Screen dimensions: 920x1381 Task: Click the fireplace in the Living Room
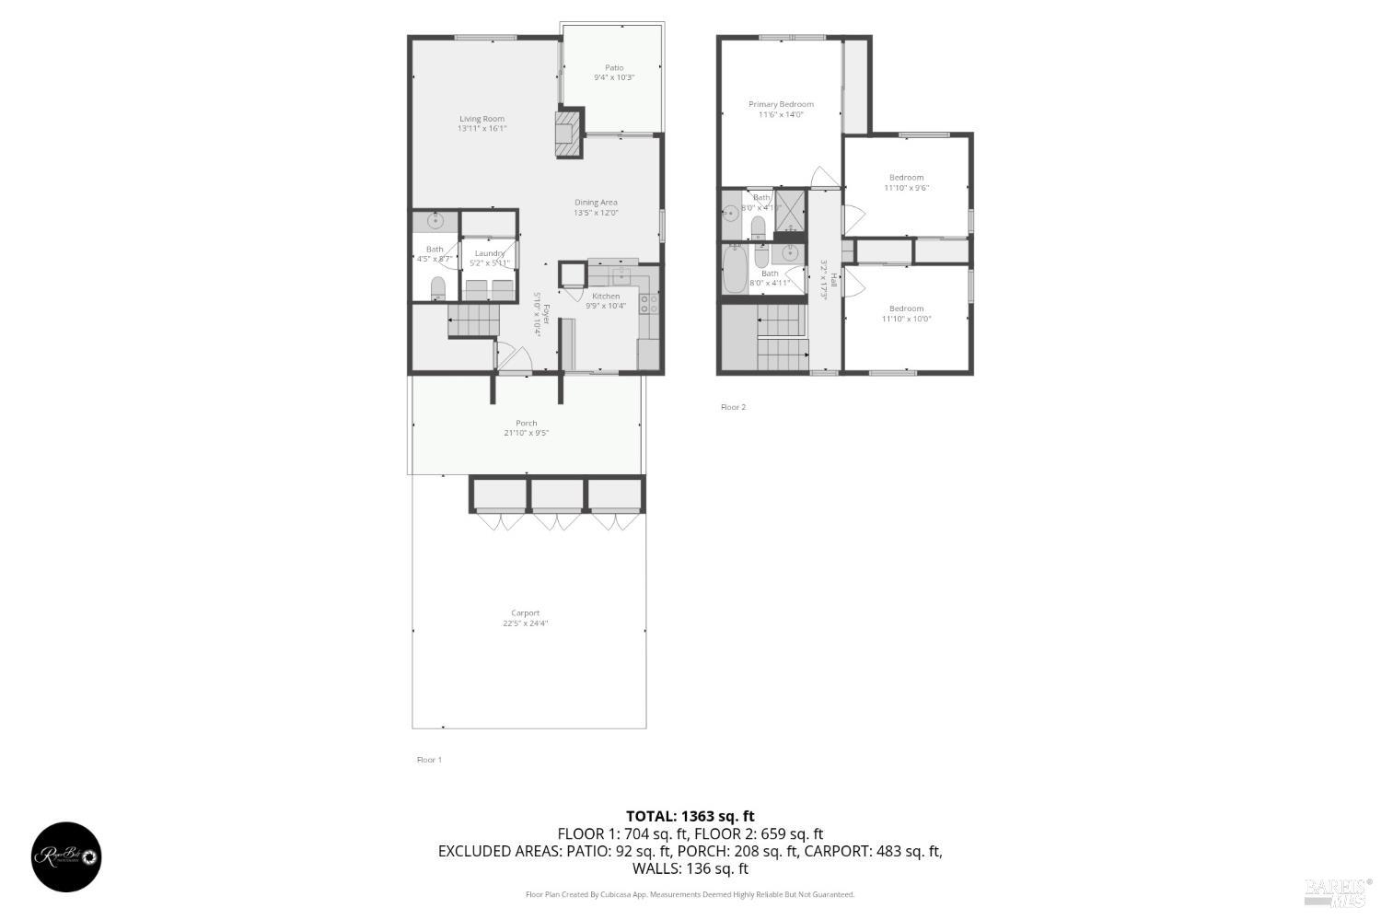point(569,133)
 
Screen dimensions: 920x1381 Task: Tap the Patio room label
point(614,67)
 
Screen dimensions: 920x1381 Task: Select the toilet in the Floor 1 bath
point(437,288)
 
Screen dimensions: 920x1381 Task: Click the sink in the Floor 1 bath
point(436,221)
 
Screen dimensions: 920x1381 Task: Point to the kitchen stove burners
point(648,303)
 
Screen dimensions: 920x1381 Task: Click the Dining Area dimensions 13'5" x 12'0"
point(596,213)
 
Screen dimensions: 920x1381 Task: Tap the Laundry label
point(489,253)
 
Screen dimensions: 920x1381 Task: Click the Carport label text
point(526,613)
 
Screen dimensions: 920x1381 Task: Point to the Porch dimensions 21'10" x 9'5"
point(527,433)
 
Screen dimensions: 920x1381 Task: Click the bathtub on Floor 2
point(735,270)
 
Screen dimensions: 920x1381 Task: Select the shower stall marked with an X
point(790,207)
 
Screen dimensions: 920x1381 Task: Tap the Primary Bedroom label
point(781,104)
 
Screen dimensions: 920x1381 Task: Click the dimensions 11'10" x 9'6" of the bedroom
point(907,188)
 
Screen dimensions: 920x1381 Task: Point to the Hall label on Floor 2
point(834,278)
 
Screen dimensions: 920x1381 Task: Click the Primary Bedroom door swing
point(822,178)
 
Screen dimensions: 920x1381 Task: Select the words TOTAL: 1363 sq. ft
point(690,816)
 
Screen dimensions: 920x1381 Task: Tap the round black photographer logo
point(67,857)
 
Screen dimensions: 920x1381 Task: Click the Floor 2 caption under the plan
point(733,407)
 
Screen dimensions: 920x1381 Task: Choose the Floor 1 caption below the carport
point(429,760)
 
